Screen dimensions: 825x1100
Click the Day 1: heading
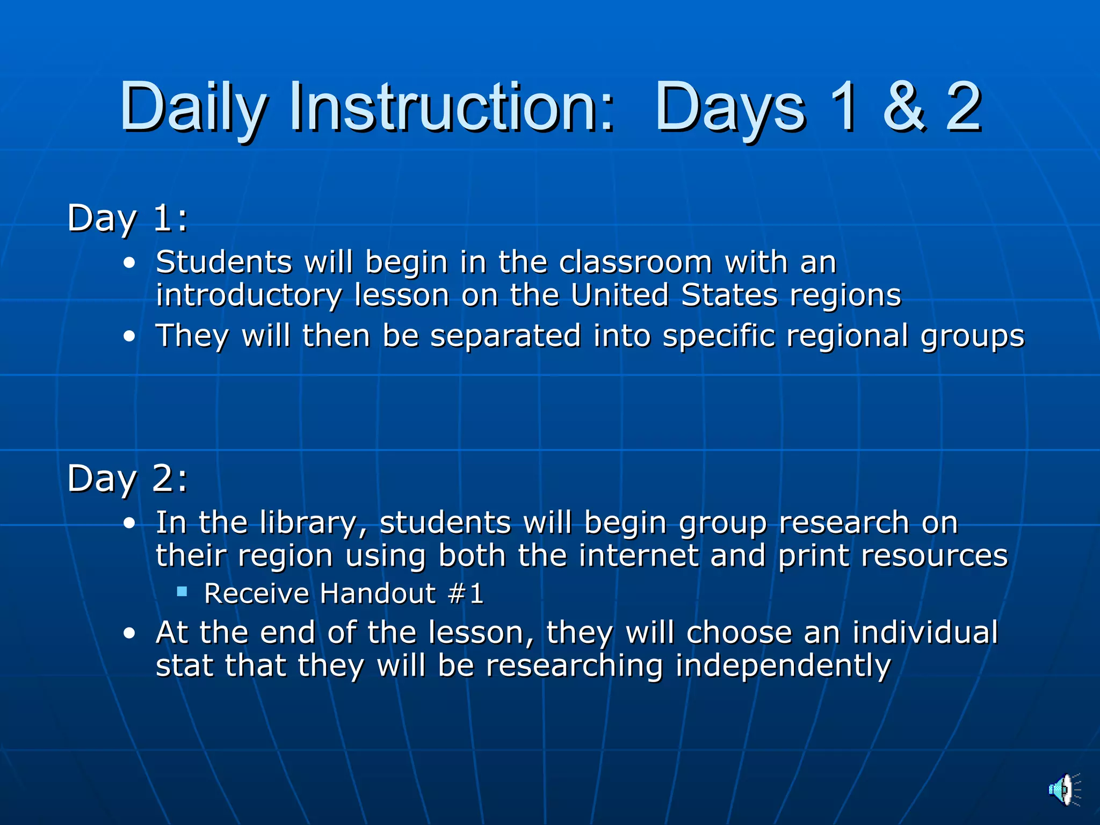point(127,218)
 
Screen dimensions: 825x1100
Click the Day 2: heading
point(127,478)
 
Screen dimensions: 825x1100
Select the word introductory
point(249,296)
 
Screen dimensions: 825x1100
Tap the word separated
point(505,336)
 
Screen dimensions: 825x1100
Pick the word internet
point(638,555)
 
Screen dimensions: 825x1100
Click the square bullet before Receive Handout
point(182,592)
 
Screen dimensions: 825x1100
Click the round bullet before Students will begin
point(129,263)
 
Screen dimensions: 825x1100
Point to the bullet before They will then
point(129,337)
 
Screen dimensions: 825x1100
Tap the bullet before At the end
point(129,633)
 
